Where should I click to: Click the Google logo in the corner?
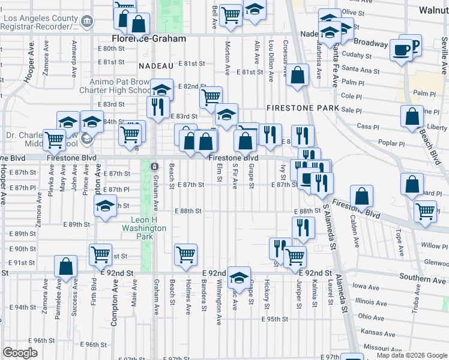point(20,353)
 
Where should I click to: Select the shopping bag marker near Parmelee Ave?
point(65,267)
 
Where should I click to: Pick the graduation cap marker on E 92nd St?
point(238,277)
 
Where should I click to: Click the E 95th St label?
point(275,319)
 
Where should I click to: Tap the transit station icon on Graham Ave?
point(154,166)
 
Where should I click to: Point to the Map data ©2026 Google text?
point(412,355)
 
